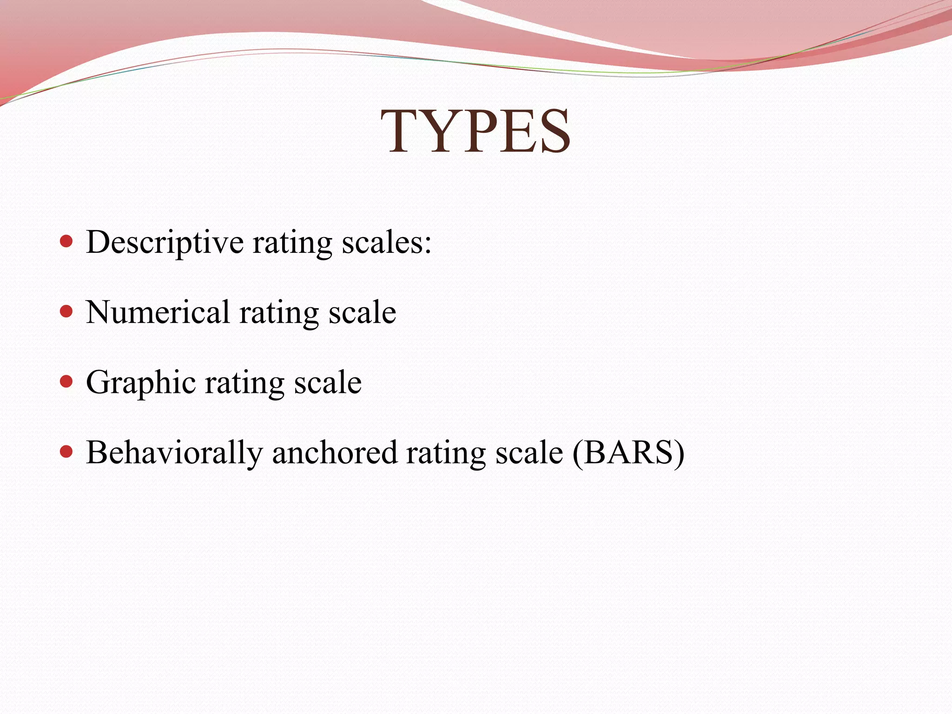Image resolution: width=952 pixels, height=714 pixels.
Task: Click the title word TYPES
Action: click(476, 131)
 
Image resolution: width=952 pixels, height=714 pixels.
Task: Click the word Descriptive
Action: click(165, 243)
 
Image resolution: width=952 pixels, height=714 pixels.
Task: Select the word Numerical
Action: click(158, 312)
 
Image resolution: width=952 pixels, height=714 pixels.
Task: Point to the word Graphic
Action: click(141, 383)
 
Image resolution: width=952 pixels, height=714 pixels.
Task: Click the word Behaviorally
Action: click(174, 453)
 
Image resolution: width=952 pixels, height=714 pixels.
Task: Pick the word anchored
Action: click(335, 453)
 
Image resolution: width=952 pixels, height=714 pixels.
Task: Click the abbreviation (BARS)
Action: click(628, 452)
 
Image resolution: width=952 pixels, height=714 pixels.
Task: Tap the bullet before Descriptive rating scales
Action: click(67, 241)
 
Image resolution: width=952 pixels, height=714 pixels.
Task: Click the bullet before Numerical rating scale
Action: click(67, 311)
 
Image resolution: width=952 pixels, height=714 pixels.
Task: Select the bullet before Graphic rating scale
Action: click(67, 382)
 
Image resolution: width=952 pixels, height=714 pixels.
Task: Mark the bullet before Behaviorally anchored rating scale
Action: click(67, 451)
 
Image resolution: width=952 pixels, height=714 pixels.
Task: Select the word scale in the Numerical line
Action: click(363, 312)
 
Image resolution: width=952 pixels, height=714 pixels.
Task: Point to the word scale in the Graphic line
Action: click(328, 383)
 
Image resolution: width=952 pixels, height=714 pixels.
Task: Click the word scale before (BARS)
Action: click(529, 453)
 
